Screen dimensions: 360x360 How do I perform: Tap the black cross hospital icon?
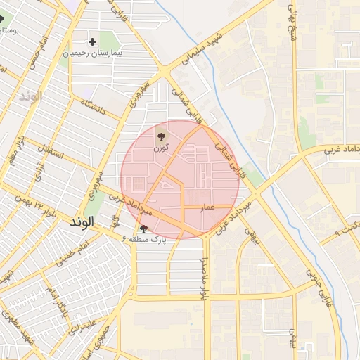[x=92, y=41]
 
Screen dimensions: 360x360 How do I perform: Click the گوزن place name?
[x=162, y=147]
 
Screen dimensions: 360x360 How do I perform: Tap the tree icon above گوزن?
[x=162, y=136]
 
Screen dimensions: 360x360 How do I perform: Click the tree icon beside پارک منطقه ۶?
[x=144, y=228]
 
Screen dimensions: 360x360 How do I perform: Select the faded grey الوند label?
[x=31, y=96]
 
